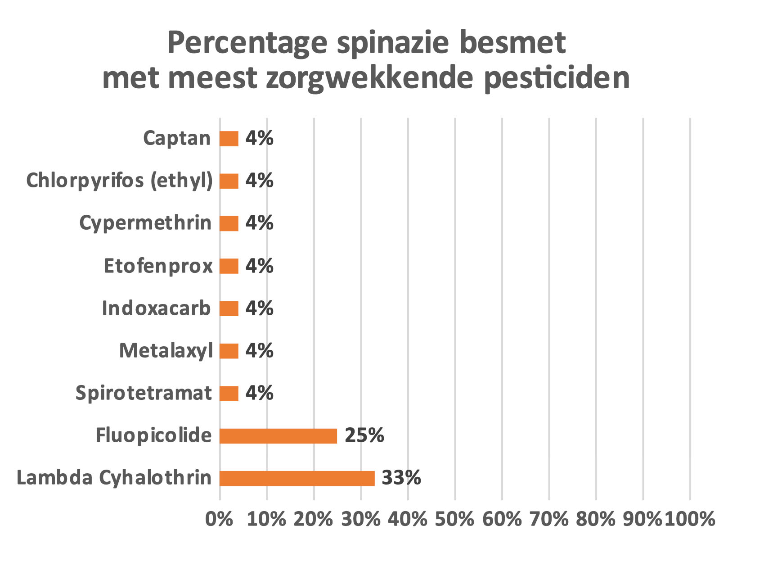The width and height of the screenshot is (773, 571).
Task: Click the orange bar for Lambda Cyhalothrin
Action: point(297,478)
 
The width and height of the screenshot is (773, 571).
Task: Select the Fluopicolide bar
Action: point(278,436)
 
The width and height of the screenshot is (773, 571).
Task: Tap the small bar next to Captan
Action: point(229,139)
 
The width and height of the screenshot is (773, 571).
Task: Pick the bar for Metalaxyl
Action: point(229,351)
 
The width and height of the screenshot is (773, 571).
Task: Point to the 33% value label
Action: point(401,478)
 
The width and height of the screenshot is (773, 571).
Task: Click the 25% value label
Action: point(364,435)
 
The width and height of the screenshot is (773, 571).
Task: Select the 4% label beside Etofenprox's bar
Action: point(259,266)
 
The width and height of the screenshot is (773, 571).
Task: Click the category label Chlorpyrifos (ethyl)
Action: point(119,181)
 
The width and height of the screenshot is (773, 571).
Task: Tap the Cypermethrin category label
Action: point(145,223)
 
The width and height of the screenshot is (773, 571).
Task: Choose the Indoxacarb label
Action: point(156,308)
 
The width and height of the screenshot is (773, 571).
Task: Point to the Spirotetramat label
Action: point(143,393)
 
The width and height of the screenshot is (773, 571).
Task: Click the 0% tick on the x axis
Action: point(219,519)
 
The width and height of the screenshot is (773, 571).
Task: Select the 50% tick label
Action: point(454,519)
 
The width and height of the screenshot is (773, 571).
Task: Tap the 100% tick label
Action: point(690,519)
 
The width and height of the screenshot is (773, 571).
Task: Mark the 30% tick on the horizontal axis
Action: point(360,519)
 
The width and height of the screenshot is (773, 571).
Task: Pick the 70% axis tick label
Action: point(548,519)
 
